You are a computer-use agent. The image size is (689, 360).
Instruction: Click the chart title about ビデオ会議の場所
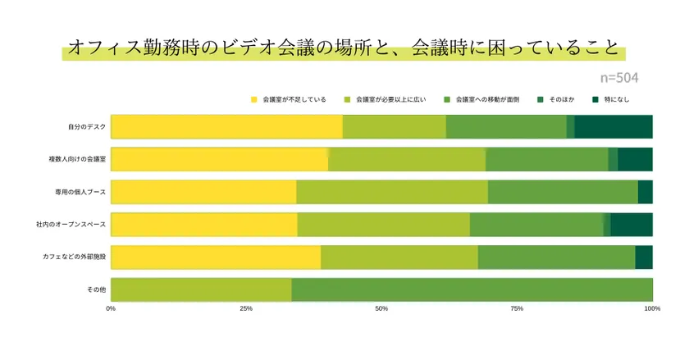344,48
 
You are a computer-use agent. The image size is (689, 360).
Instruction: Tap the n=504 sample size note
618,78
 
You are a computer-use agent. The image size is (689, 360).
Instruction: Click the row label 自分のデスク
86,127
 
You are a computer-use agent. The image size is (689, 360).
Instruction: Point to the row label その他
96,289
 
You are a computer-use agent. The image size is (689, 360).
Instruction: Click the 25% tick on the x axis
245,309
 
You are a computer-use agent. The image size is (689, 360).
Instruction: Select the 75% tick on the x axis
517,309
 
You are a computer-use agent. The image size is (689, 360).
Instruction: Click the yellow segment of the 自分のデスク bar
226,127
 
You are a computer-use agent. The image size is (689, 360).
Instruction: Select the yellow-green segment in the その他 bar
201,289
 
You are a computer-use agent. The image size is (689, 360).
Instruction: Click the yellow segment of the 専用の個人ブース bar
203,192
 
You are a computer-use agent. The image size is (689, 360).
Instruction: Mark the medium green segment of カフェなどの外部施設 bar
556,257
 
